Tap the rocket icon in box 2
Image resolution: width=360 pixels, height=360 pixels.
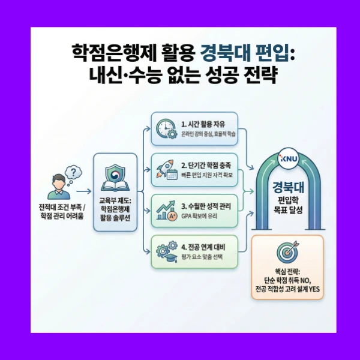(166, 163)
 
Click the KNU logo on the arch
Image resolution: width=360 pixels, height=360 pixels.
(287, 158)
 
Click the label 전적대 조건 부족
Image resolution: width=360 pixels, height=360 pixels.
(59, 208)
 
